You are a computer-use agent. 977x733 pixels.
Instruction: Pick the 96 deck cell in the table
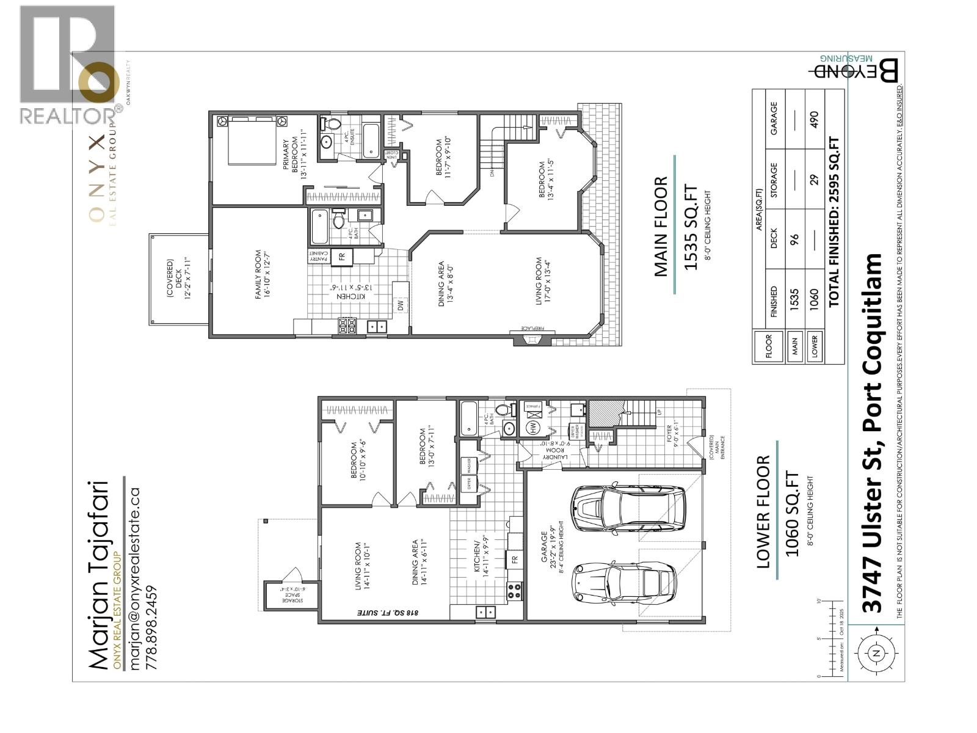pos(795,241)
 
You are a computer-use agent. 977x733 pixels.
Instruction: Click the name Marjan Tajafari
pos(99,575)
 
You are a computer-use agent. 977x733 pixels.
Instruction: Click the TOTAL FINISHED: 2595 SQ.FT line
pos(834,221)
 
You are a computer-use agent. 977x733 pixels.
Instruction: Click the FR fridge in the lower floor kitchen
pos(515,559)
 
